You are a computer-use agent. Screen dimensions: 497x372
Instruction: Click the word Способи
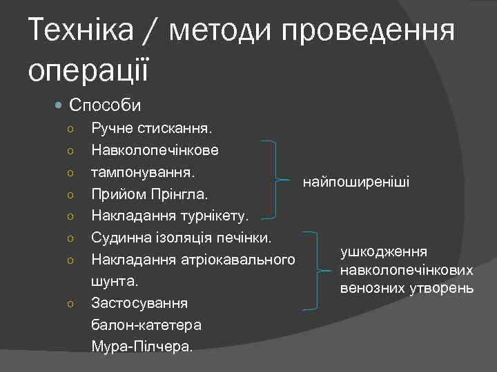click(x=105, y=105)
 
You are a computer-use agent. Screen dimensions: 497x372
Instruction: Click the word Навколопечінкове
click(x=155, y=150)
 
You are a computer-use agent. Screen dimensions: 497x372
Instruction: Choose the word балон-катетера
click(x=146, y=325)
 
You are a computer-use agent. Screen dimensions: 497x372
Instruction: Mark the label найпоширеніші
click(x=355, y=183)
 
